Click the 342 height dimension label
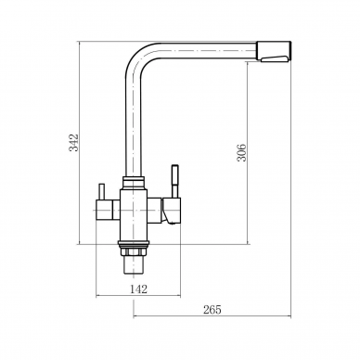(x=74, y=143)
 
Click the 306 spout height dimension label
(x=241, y=152)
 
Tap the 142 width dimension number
(x=138, y=289)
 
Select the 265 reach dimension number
(x=212, y=309)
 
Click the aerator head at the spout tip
(x=274, y=52)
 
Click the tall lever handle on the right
(x=175, y=181)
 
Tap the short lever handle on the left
(x=101, y=192)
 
